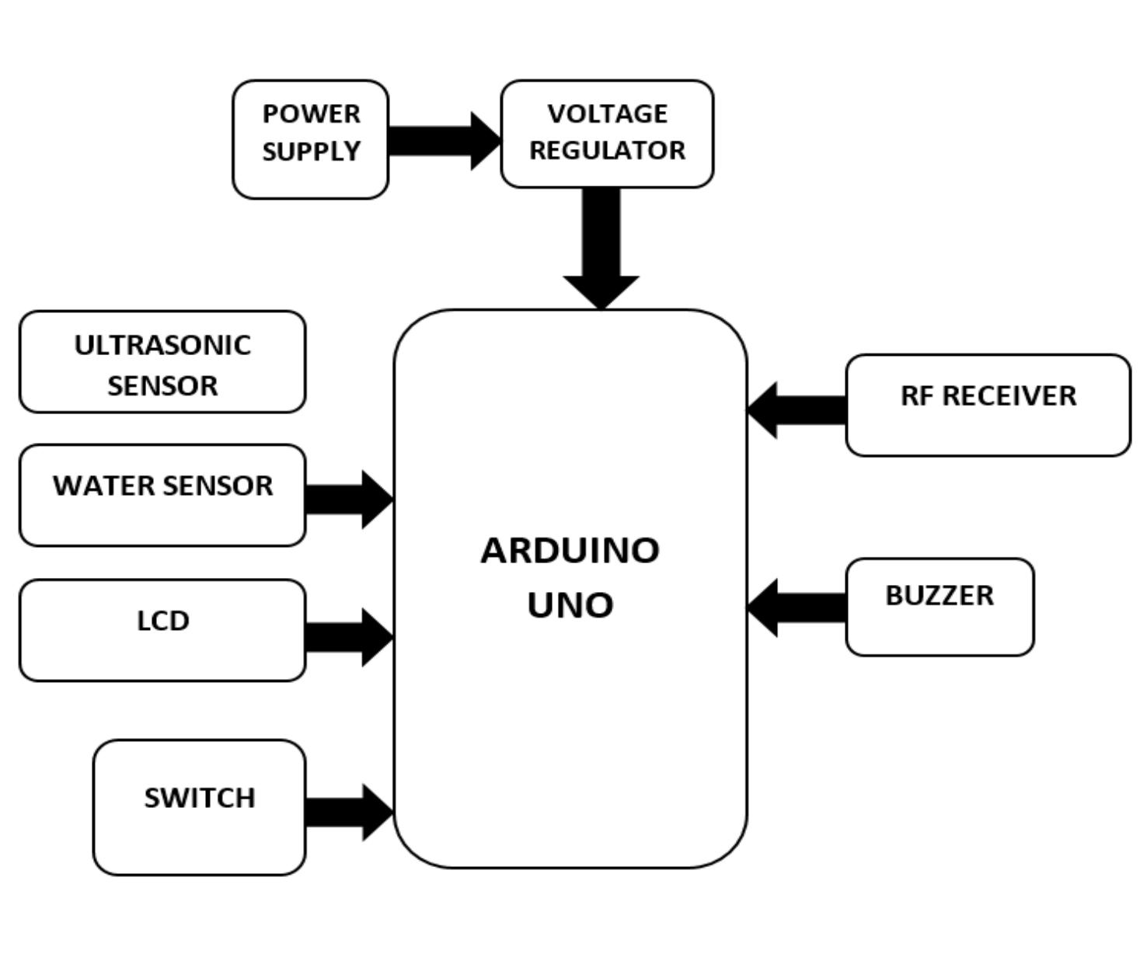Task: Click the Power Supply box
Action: [x=310, y=140]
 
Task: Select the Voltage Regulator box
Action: [x=607, y=134]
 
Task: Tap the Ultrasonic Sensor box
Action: [x=162, y=362]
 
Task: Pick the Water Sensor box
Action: [x=162, y=496]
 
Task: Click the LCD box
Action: [x=162, y=630]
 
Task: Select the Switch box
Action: [x=199, y=807]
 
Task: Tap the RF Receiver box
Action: [x=988, y=405]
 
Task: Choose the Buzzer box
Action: [x=940, y=607]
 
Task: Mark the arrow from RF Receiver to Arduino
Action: [x=797, y=410]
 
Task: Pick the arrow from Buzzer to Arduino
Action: [x=797, y=608]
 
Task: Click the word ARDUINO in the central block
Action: [x=570, y=551]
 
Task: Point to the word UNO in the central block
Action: [x=570, y=605]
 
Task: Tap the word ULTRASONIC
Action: [x=162, y=345]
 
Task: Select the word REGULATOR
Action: [x=607, y=150]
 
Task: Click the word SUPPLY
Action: [x=311, y=151]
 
